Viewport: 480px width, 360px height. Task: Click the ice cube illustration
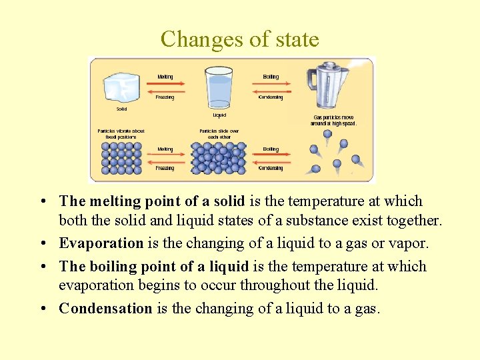[x=121, y=87]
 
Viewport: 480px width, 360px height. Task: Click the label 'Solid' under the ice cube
[x=121, y=109]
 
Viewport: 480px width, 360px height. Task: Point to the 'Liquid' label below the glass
[x=219, y=115]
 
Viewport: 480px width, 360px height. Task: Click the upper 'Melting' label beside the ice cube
[x=165, y=77]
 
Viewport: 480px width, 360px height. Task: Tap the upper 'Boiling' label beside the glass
[x=271, y=77]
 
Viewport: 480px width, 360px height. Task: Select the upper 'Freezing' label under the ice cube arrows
[x=165, y=97]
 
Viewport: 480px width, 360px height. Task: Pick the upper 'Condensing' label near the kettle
[x=271, y=97]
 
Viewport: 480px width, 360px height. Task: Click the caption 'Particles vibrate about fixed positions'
[x=121, y=133]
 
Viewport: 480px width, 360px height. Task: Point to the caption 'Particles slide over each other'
[x=219, y=133]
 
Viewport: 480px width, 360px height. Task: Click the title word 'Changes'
[x=202, y=39]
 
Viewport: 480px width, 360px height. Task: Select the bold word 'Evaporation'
[x=101, y=243]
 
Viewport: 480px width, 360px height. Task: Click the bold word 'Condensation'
[x=105, y=308]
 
